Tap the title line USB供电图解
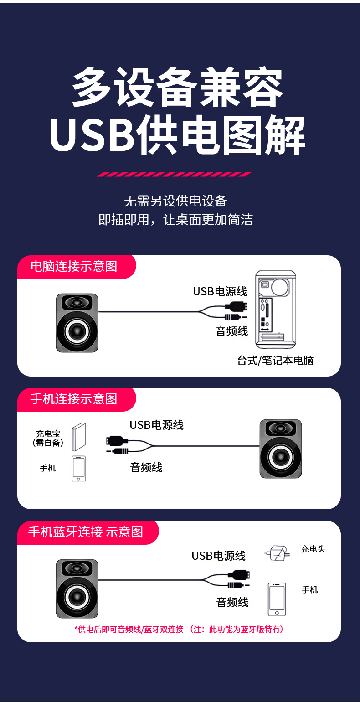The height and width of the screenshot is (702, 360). pos(178,135)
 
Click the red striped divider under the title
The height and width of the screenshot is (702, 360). pos(174,174)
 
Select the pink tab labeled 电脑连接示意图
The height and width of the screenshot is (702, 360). pos(74,267)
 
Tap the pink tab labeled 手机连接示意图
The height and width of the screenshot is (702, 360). pos(74,399)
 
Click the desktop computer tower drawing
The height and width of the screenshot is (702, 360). pos(275,307)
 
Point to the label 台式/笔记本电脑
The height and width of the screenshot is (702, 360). pos(275,361)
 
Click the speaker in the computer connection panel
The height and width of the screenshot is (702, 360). pos(77,323)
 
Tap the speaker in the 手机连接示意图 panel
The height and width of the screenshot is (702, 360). pos(281,449)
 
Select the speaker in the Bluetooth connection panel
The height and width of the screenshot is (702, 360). pos(77,588)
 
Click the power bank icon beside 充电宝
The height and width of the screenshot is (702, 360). pos(79,437)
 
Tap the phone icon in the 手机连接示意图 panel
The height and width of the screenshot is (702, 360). pos(79,468)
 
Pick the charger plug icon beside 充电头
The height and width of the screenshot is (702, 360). pos(278,553)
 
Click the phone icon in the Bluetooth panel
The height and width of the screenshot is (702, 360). pos(277,599)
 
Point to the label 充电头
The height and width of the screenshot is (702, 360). pos(313,549)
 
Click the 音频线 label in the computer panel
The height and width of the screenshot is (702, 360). pos(232,331)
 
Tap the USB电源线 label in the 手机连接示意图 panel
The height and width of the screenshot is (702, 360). pos(157,425)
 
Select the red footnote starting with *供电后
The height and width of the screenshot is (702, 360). pos(179,630)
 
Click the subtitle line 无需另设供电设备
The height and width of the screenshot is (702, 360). pos(175,201)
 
